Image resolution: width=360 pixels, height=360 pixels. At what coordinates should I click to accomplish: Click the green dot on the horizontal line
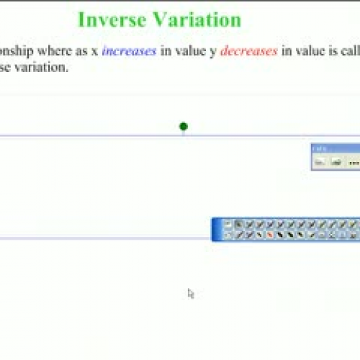[x=184, y=127]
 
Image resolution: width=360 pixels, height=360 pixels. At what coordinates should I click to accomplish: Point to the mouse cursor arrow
[x=190, y=292]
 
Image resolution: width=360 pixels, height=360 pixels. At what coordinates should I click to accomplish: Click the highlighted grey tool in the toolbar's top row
[x=239, y=225]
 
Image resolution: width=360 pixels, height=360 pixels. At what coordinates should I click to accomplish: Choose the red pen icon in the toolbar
[x=269, y=235]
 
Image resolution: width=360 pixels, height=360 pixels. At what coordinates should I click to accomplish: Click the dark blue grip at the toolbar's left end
[x=216, y=230]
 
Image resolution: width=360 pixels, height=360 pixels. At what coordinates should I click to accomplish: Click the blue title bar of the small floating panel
[x=335, y=148]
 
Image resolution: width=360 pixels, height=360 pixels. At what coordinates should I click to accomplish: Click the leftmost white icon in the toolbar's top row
[x=228, y=225]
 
